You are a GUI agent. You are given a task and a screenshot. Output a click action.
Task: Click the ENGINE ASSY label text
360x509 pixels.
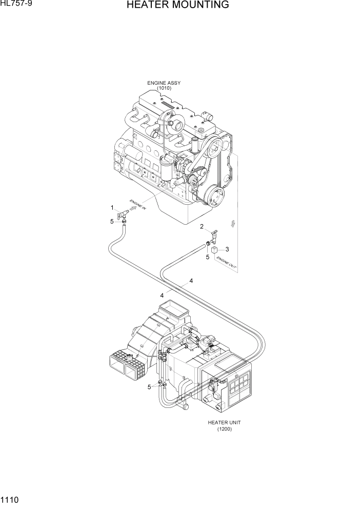pos(164,83)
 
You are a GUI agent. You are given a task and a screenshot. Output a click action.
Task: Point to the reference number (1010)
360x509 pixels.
pos(164,88)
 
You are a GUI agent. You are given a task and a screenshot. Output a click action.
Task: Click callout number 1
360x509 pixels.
pos(112,207)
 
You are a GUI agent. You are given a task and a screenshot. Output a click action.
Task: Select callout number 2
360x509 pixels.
pos(202,226)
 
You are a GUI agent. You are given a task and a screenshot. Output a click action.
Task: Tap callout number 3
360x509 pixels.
pos(227,249)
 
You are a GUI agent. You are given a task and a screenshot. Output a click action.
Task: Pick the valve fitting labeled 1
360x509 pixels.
pos(123,214)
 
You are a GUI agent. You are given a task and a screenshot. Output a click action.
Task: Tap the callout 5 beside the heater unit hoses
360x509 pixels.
pos(150,387)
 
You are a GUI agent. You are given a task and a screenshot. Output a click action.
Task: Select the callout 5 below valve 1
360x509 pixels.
pos(112,222)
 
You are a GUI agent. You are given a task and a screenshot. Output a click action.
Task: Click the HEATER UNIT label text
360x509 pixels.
pos(224,422)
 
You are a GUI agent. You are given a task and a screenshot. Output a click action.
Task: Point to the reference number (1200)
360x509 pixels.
pos(224,429)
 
